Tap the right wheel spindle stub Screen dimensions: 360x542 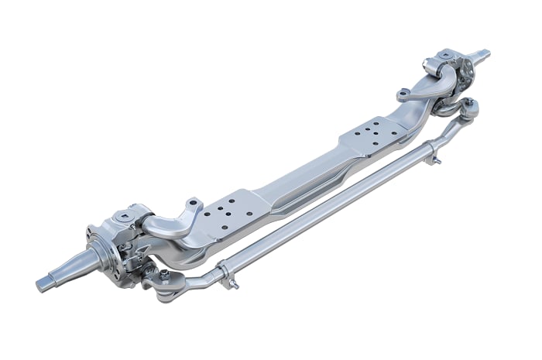482,55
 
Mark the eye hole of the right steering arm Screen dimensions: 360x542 402,97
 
